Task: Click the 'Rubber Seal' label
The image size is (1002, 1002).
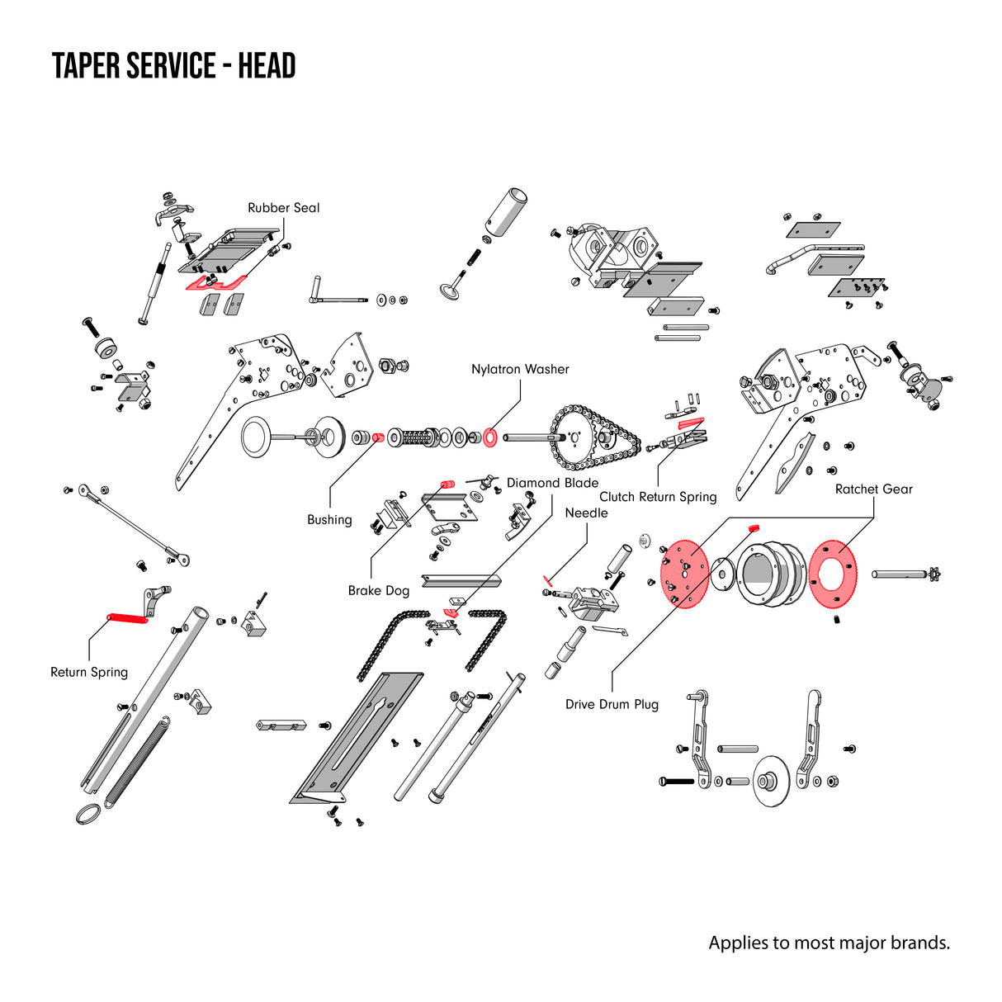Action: tap(283, 208)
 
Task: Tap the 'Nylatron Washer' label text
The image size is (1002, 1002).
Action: tap(520, 370)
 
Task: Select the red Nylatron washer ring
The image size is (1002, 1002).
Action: tap(489, 437)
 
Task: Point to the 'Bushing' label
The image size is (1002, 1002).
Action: tap(329, 520)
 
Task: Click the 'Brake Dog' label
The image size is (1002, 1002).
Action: tap(378, 591)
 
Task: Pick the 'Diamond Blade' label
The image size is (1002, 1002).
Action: tap(552, 484)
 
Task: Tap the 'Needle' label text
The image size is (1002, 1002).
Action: tap(586, 513)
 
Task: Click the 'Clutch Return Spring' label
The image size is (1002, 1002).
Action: tap(658, 497)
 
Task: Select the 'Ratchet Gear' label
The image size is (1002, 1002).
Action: tap(873, 489)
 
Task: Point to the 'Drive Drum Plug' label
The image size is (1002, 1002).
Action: tap(612, 705)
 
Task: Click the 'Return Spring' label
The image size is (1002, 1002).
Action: tap(89, 673)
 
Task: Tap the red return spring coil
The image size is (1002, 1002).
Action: tap(127, 617)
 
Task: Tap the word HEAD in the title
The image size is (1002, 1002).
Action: tap(267, 66)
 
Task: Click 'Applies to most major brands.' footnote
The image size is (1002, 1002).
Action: tap(829, 943)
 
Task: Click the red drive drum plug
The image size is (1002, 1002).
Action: tap(753, 527)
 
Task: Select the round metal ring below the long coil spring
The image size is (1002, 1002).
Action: tap(90, 815)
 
